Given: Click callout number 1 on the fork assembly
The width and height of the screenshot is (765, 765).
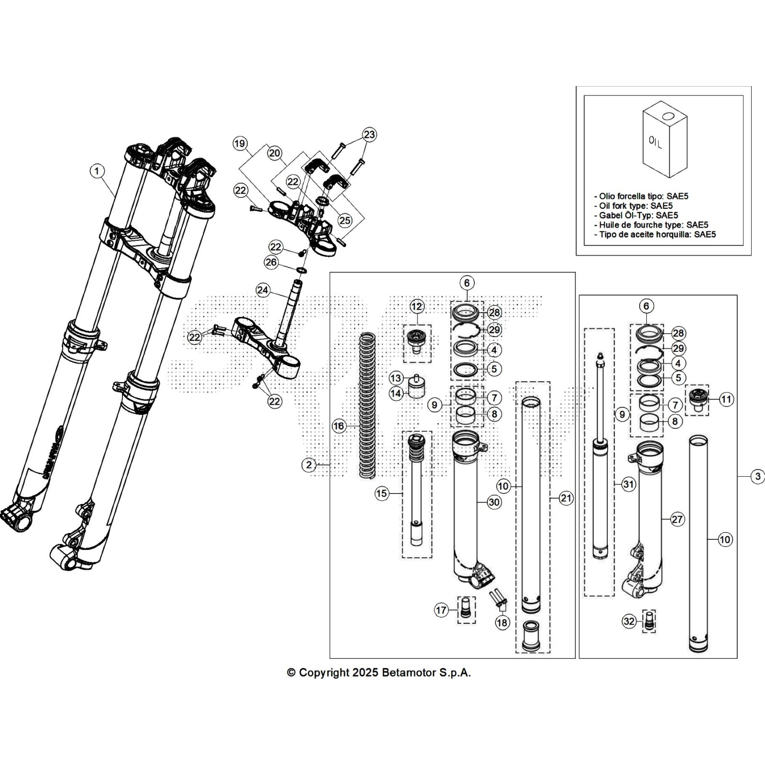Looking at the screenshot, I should tap(97, 171).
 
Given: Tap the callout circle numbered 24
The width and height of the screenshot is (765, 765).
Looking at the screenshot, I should tap(262, 290).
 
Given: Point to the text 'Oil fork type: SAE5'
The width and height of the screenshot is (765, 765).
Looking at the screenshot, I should tap(635, 206).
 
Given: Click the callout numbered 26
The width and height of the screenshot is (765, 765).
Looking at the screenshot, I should tap(271, 262).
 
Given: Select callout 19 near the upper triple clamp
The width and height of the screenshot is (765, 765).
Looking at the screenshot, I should tap(240, 143).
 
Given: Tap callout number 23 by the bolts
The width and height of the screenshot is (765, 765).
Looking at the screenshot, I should tap(369, 134).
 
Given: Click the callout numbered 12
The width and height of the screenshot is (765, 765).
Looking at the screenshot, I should tap(417, 306).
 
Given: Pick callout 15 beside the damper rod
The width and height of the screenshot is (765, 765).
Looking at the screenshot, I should tap(382, 493).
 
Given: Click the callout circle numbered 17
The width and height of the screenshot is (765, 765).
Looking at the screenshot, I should tap(441, 610).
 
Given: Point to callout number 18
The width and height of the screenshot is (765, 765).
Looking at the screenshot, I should tap(502, 623).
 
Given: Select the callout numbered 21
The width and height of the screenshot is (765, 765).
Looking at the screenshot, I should tap(566, 498).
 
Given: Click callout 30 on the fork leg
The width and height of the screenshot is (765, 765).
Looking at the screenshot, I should tap(494, 502).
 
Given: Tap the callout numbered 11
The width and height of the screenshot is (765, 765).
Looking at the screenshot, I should tap(726, 399).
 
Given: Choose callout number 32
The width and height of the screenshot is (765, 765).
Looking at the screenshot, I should tap(629, 622).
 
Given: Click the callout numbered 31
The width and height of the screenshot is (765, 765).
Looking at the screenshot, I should tap(628, 484).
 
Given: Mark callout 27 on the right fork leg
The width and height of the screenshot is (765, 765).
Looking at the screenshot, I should tap(678, 519).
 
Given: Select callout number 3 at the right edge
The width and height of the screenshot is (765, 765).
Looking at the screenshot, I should tap(757, 476).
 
